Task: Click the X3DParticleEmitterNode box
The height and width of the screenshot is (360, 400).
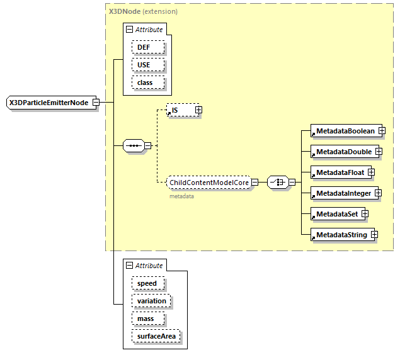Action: pos(49,103)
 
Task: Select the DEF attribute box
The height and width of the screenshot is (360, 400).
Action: pos(148,47)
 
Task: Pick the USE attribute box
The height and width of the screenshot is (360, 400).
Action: pos(148,65)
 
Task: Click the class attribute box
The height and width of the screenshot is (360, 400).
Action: pos(148,82)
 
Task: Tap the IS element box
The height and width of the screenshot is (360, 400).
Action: pos(179,110)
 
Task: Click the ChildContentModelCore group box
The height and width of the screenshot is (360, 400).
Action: pos(209,183)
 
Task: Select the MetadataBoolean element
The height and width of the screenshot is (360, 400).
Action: pos(345,131)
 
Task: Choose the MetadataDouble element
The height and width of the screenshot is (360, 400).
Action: pos(343,152)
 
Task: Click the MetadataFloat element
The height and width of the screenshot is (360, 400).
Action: pos(340,172)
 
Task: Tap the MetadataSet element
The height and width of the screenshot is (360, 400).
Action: pos(336,214)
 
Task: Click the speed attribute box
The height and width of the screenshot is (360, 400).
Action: pos(147,283)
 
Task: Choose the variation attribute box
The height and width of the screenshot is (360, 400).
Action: pos(151,301)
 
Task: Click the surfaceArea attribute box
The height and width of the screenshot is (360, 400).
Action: pos(156,336)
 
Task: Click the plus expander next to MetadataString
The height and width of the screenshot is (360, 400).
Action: pos(374,235)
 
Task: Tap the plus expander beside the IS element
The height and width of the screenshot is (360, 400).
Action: pos(198,110)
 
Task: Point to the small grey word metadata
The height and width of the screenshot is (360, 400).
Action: pos(181,196)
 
